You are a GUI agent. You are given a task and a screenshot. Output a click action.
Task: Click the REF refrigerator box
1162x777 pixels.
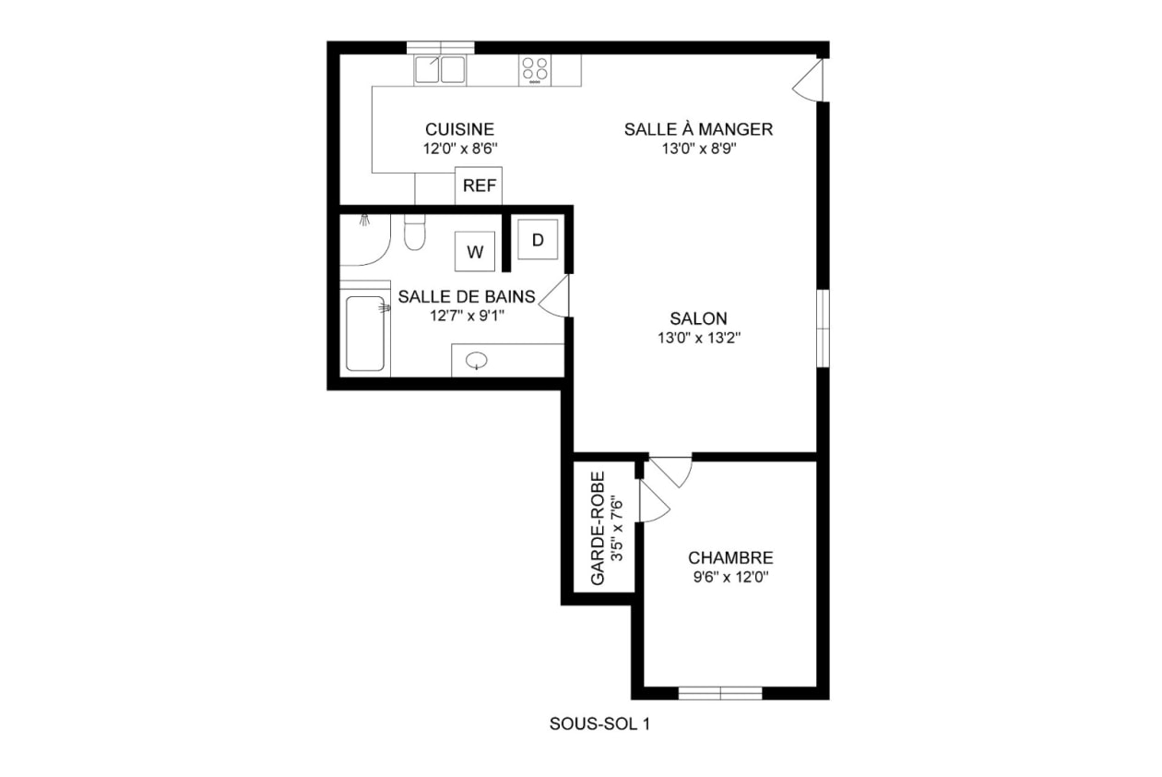pyautogui.click(x=479, y=185)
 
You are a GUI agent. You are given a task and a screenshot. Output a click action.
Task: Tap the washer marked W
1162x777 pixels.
pyautogui.click(x=475, y=252)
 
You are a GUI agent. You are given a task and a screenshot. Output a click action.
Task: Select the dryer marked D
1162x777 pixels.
pyautogui.click(x=538, y=240)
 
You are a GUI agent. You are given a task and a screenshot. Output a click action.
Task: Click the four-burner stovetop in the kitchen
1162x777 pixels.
pyautogui.click(x=535, y=70)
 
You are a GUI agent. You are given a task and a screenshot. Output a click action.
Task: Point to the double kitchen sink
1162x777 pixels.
pyautogui.click(x=440, y=70)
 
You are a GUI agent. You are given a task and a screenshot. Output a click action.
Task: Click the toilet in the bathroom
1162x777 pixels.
pyautogui.click(x=414, y=232)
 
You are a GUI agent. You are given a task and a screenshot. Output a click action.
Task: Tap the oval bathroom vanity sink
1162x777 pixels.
pyautogui.click(x=476, y=361)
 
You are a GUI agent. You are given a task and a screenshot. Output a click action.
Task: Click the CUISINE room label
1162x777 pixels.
pyautogui.click(x=459, y=129)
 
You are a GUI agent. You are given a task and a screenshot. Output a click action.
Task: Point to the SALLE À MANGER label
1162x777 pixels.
pyautogui.click(x=698, y=129)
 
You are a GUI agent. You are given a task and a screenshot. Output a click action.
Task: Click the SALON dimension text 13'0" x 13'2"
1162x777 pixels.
pyautogui.click(x=699, y=339)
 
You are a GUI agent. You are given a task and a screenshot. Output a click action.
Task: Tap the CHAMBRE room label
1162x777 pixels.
pyautogui.click(x=730, y=558)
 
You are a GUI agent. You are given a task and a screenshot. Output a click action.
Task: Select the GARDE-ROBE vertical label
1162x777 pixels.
pyautogui.click(x=599, y=529)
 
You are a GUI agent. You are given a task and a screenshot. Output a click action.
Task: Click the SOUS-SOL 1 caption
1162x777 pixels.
pyautogui.click(x=599, y=724)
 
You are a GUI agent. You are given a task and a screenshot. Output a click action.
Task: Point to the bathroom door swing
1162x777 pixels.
pyautogui.click(x=554, y=295)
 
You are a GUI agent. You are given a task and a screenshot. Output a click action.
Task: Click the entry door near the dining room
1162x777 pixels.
pyautogui.click(x=808, y=80)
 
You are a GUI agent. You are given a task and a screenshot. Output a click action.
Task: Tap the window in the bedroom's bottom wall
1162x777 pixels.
pyautogui.click(x=720, y=693)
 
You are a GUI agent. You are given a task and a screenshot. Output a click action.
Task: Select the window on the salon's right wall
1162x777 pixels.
pyautogui.click(x=823, y=328)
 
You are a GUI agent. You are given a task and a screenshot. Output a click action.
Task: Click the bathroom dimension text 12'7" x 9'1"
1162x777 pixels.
pyautogui.click(x=467, y=316)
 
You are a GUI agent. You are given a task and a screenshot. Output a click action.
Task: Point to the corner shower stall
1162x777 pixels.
pyautogui.click(x=364, y=240)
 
